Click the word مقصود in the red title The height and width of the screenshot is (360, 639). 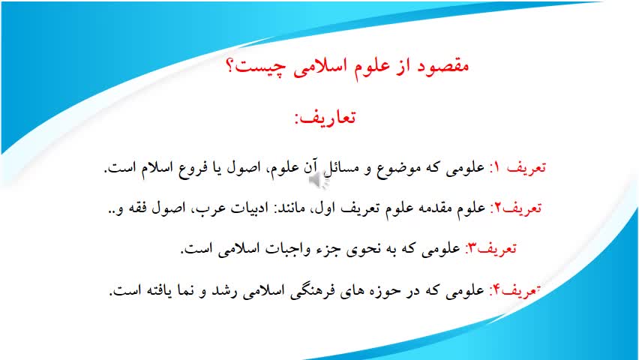click(x=442, y=66)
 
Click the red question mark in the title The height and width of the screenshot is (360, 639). click(x=229, y=65)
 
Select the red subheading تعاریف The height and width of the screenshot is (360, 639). click(x=325, y=118)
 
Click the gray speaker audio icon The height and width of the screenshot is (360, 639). click(x=319, y=181)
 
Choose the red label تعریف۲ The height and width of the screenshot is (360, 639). click(x=516, y=208)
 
